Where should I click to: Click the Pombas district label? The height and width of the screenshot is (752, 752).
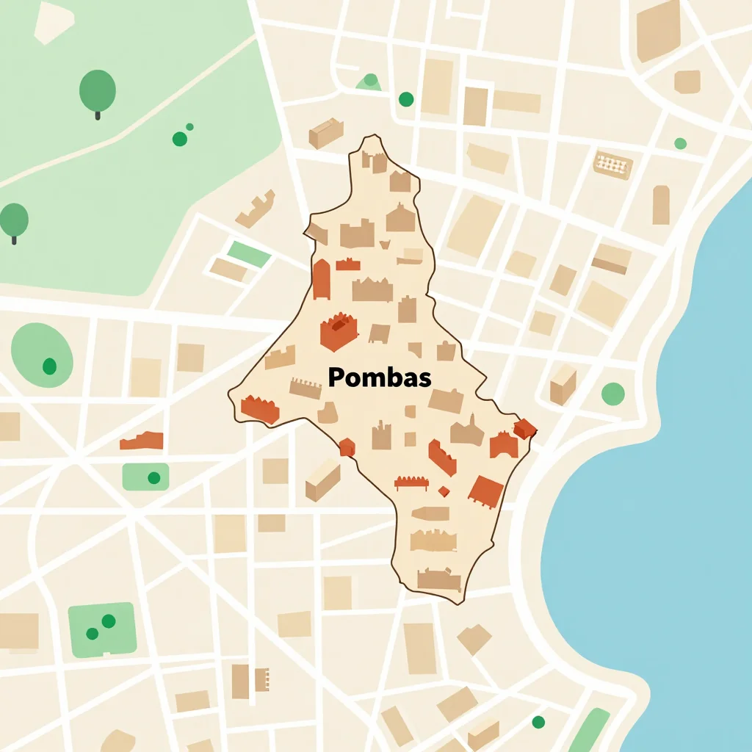[380, 378]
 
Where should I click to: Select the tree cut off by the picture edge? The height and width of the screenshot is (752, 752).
[13, 220]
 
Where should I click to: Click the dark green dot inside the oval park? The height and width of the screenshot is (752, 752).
[49, 365]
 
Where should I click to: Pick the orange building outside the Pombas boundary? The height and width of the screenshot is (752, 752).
[142, 441]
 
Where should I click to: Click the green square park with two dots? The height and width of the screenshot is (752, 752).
[102, 629]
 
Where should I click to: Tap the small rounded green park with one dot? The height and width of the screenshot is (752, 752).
[145, 477]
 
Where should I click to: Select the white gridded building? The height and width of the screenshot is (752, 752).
[612, 164]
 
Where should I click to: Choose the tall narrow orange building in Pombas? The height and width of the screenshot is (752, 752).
[321, 279]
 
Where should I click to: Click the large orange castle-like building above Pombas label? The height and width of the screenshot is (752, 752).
[339, 330]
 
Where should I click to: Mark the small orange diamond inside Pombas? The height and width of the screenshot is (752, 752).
[444, 491]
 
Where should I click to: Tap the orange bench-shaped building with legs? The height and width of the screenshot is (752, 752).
[411, 482]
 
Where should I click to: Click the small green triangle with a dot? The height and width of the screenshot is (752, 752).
[369, 82]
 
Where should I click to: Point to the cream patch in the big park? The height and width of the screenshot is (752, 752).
[53, 22]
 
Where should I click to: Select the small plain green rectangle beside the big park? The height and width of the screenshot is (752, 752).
[249, 254]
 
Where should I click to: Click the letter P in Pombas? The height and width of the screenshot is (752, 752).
[336, 378]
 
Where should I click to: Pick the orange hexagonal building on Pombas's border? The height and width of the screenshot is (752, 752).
[347, 446]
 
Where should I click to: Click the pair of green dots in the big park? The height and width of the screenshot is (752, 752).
[182, 136]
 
